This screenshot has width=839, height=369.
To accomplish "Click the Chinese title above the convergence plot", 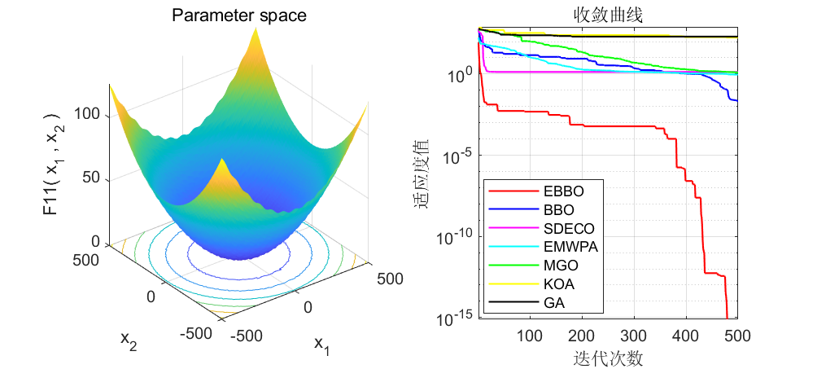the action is [x=608, y=15].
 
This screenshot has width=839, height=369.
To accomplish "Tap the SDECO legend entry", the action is [x=540, y=228].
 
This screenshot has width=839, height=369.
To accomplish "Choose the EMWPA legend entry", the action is [x=541, y=247].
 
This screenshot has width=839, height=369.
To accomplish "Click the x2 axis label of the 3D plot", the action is [x=129, y=340].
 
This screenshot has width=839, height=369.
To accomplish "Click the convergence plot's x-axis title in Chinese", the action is [x=608, y=357].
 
